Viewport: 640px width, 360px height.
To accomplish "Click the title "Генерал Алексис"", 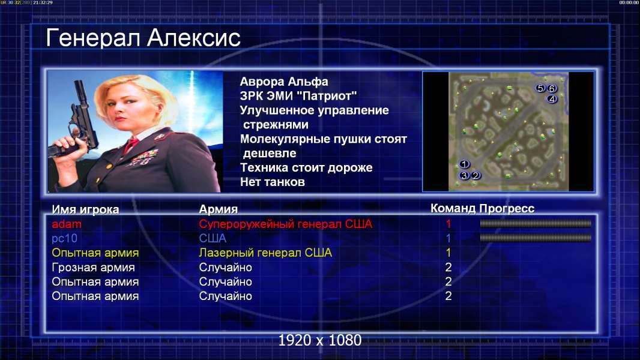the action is coord(143,38).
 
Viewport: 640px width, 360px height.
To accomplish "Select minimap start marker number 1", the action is coord(464,164).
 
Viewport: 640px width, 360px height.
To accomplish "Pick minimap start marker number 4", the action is coord(552,99).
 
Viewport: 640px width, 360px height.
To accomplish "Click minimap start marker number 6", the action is coord(552,88).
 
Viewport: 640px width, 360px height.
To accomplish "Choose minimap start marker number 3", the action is coord(464,176).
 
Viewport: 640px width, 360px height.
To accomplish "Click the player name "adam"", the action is coord(67,224).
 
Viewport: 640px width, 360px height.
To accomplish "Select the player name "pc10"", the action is coord(64,239).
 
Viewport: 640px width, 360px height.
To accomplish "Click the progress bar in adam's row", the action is coord(536,223).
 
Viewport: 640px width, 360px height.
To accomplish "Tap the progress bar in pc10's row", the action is coord(536,238).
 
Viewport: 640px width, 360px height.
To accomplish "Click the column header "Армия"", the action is coord(219,209).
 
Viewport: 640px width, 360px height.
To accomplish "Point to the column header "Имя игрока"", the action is coord(85,209).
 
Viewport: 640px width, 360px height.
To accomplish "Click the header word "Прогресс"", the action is coord(507,209).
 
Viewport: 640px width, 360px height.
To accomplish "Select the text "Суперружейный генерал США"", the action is coord(286,224).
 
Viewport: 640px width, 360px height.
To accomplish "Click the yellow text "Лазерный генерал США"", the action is coord(265,253).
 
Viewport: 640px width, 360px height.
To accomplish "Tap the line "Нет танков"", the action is coord(273,182).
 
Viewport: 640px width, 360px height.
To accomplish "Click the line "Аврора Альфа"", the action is coord(284,82).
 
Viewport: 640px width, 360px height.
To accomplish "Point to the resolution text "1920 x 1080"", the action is coord(320,340).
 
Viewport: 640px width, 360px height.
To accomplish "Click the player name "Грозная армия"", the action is coord(93,268).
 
